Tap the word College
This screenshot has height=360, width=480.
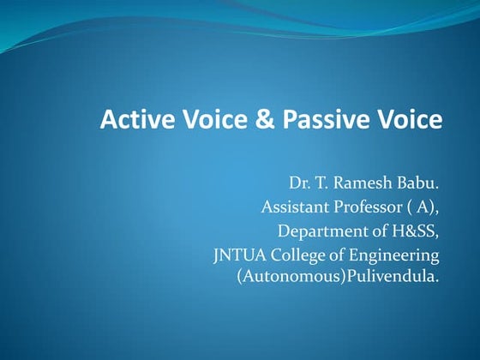pyautogui.click(x=297, y=255)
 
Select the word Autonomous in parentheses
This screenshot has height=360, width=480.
pyautogui.click(x=283, y=279)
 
